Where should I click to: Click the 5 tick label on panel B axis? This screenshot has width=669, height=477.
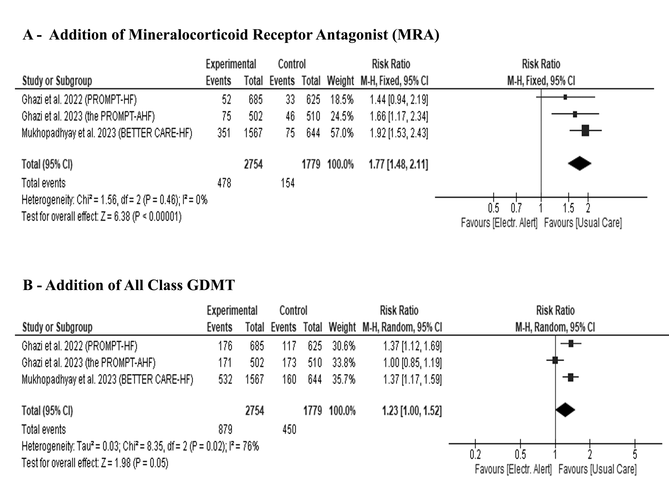click(x=635, y=455)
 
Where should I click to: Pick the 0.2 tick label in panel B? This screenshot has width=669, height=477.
click(x=475, y=455)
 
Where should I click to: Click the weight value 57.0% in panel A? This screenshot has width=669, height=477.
click(x=342, y=133)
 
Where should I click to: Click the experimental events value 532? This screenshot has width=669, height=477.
click(x=225, y=380)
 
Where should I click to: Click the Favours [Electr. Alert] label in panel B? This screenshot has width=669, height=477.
click(x=513, y=469)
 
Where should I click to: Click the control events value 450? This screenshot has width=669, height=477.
click(x=289, y=430)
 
